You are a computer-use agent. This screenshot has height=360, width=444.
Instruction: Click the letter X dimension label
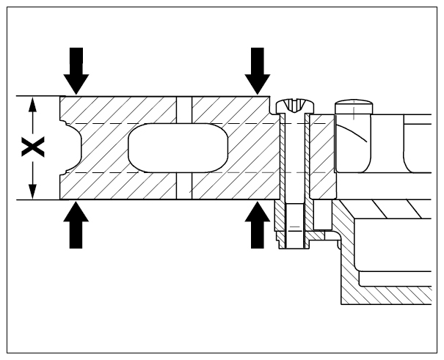point(33,147)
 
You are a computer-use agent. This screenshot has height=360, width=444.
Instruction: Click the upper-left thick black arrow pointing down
point(76,70)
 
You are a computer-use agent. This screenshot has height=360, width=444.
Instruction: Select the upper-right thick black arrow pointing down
point(258,70)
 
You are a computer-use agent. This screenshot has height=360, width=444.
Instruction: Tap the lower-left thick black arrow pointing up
point(76,225)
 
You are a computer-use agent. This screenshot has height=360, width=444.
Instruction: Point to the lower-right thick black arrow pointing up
point(258,225)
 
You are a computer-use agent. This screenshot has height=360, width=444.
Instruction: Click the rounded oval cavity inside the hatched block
point(178,147)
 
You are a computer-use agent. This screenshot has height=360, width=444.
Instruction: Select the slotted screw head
point(295,106)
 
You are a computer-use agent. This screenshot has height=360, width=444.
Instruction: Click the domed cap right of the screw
point(354,106)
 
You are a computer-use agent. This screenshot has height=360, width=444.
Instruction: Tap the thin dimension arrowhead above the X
point(33,104)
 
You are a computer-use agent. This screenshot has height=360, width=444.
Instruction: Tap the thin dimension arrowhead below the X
point(33,191)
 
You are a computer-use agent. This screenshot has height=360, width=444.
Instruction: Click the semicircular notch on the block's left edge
point(71,147)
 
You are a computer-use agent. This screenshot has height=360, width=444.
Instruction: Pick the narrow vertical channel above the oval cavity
point(184,110)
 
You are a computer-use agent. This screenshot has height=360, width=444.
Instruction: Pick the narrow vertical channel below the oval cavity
point(184,185)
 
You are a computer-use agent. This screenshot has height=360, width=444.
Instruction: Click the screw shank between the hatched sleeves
point(295,158)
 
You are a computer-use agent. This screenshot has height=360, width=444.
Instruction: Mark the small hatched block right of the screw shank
point(322,157)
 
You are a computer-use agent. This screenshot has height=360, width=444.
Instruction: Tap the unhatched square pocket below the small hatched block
point(323,215)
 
